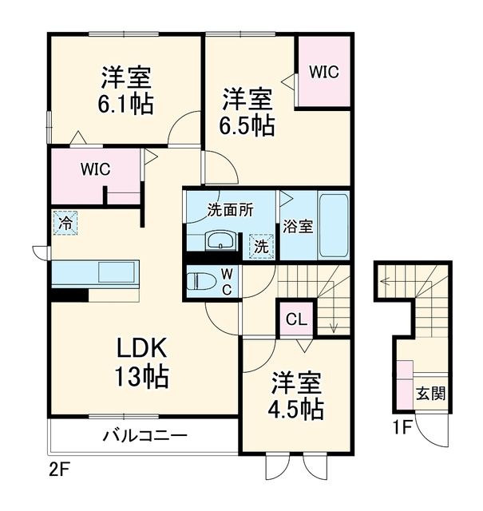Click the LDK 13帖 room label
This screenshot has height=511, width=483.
point(142,362)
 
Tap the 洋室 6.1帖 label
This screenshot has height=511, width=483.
point(126,90)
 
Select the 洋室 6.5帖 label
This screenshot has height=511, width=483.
point(247,112)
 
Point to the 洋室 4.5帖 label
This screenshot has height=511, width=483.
point(296,395)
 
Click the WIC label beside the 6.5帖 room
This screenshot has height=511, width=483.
point(324,72)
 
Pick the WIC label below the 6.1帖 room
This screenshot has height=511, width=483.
point(96,169)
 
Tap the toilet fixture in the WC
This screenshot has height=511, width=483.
point(202,281)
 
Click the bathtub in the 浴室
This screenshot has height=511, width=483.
point(334,225)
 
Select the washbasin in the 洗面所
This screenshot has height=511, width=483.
point(220,241)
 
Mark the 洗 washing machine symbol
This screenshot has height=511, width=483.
point(261,247)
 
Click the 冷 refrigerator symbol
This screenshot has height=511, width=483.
point(65,224)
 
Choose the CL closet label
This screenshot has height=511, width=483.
point(296,319)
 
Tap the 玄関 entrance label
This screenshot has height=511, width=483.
point(430,394)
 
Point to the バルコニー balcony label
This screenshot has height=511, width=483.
point(145,436)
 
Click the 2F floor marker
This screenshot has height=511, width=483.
point(60,470)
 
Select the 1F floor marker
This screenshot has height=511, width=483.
point(403,428)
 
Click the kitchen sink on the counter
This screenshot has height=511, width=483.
point(117,271)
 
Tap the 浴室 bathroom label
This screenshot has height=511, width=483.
point(298,226)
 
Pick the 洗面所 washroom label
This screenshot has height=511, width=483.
point(231,210)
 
